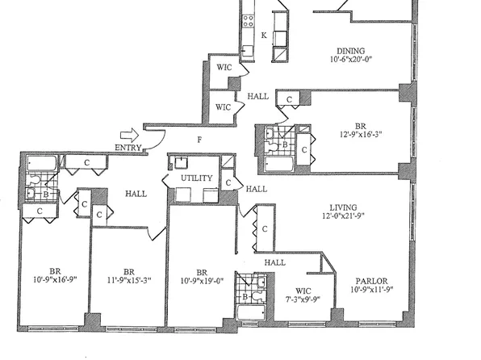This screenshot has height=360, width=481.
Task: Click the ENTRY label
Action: [x=128, y=148]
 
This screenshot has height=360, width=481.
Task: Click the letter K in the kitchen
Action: [x=264, y=35]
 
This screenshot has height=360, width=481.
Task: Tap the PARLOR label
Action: [x=370, y=281]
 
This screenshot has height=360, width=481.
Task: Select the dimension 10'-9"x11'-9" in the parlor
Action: [x=370, y=291]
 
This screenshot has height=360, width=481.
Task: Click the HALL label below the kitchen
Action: [x=258, y=96]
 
